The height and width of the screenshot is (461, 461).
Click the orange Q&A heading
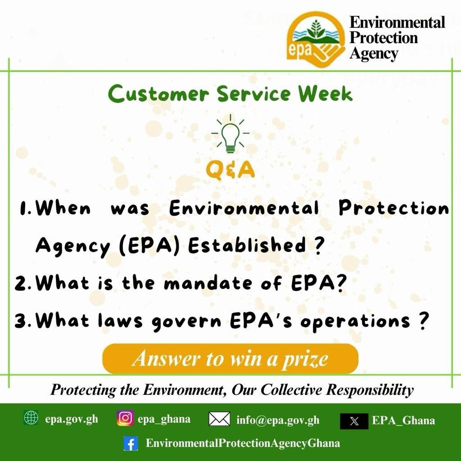[230, 171]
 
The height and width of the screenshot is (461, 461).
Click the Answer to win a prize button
[230, 359]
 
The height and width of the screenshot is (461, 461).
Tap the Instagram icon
[126, 418]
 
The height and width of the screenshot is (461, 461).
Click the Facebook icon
[131, 444]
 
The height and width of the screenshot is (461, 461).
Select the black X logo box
[354, 421]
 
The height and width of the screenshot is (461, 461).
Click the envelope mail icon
[220, 419]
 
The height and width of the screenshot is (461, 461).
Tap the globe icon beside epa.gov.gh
[31, 418]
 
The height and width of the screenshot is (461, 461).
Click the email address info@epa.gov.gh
[278, 420]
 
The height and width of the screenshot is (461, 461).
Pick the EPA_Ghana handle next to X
[403, 421]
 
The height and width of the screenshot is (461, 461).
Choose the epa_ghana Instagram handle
[164, 419]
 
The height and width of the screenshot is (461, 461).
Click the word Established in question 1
[247, 246]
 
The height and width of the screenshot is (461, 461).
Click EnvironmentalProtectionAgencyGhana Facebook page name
[243, 443]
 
